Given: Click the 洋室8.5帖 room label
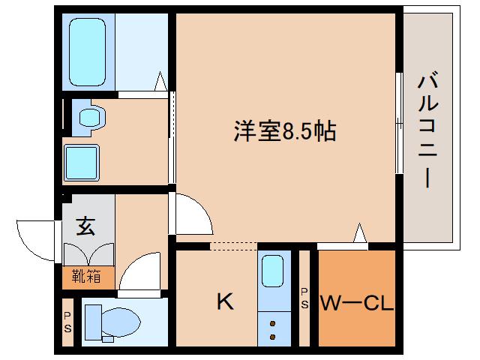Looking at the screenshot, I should [283, 133].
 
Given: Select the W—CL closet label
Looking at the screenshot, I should [357, 304].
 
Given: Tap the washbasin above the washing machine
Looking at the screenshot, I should [90, 117].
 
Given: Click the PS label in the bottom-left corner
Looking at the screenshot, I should [67, 323].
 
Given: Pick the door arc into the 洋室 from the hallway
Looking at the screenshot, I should [191, 215].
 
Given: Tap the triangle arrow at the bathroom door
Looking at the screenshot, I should [160, 82].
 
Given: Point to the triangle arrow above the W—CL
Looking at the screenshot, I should [360, 235].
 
